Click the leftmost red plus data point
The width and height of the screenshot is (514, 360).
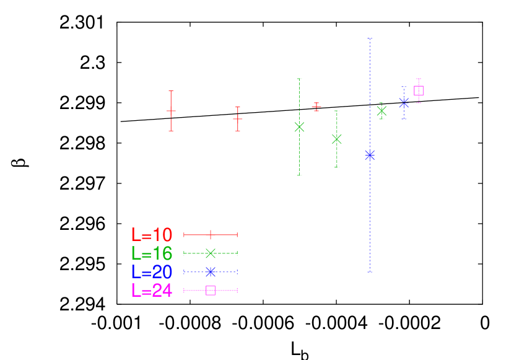tap(171, 112)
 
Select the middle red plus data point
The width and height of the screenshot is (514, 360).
tap(238, 118)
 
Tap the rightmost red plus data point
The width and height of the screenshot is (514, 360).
tap(316, 107)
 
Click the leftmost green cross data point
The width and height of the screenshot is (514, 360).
tap(299, 126)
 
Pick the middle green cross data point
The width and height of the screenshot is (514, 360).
tap(336, 138)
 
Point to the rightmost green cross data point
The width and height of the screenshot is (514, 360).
tap(381, 111)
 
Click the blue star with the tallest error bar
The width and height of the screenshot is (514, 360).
tap(370, 154)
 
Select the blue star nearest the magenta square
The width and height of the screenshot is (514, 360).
tap(404, 102)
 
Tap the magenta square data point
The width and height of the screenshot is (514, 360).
tap(419, 90)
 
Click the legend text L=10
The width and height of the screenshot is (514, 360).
tap(152, 235)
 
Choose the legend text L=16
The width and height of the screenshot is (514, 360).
tap(152, 253)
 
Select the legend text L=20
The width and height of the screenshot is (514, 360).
tap(152, 272)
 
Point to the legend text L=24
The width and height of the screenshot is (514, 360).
tap(152, 291)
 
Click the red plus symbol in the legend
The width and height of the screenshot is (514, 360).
tap(211, 235)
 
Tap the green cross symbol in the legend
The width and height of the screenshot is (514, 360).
tap(211, 253)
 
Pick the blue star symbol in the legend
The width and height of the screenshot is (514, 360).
tap(211, 272)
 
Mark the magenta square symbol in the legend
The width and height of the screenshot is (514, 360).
tap(211, 291)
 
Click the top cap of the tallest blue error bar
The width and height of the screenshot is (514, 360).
tap(370, 39)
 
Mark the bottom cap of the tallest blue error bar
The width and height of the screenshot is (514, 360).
tap(370, 271)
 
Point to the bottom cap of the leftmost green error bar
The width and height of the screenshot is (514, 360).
tap(299, 175)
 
